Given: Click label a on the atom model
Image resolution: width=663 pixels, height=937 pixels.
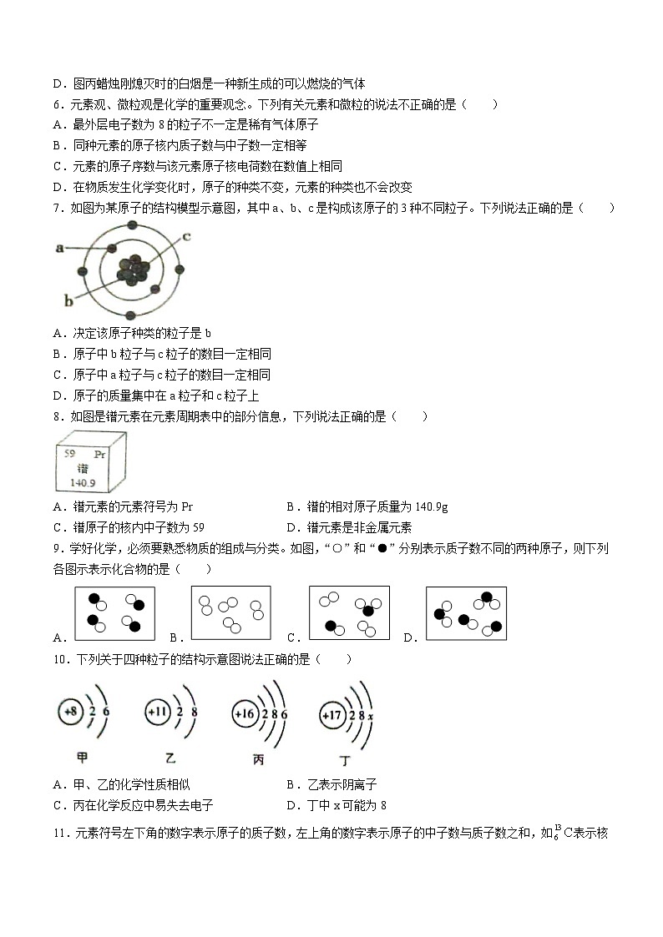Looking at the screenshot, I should (x=59, y=248).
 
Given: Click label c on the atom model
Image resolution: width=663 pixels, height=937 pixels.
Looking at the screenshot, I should (x=187, y=236).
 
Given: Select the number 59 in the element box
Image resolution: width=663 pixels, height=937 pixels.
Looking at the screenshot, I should (x=70, y=454).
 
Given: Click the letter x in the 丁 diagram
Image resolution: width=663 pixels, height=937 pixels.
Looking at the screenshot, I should (x=370, y=715).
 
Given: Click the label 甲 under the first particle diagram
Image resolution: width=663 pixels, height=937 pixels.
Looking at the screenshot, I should (x=82, y=758).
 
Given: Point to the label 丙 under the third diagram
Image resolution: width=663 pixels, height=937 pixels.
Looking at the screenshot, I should (x=258, y=760).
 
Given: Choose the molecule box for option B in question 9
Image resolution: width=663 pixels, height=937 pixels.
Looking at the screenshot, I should (x=230, y=613).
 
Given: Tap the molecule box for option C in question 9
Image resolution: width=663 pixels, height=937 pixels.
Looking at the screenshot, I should (x=349, y=613).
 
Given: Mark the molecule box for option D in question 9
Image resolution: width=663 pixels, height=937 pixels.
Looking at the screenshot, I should (x=466, y=613).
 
